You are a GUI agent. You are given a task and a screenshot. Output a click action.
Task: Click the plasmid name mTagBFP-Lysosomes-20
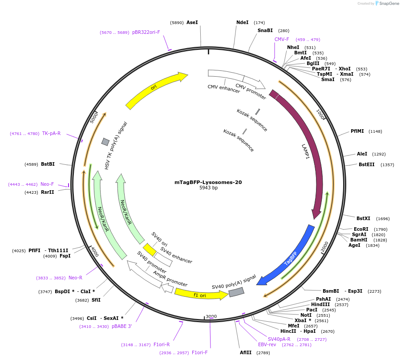[208, 182]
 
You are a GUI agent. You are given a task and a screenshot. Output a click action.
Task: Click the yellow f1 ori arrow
[201, 294]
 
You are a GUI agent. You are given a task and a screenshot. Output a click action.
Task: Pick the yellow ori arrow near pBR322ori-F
[156, 89]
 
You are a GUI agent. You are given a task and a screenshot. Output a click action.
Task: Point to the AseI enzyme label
[192, 22]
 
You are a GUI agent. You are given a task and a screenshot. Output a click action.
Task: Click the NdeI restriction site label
[243, 22]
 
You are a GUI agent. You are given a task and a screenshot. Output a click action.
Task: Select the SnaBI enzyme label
[265, 31]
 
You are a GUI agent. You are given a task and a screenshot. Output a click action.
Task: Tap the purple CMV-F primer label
[282, 39]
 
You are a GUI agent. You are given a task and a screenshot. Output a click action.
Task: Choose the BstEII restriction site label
[367, 164]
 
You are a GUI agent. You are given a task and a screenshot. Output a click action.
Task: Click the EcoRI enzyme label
[361, 229]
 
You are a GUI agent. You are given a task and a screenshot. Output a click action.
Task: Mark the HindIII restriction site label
[320, 304]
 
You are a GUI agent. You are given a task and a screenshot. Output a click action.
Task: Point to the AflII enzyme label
[246, 352]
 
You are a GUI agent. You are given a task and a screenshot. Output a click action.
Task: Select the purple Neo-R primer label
[75, 278]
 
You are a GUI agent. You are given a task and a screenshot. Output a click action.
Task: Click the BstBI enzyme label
[48, 164]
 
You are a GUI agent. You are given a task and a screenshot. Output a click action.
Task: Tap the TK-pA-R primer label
[52, 133]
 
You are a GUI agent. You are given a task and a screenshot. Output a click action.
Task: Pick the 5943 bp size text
[208, 188]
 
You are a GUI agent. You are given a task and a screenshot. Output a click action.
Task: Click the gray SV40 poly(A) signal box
[236, 292]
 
